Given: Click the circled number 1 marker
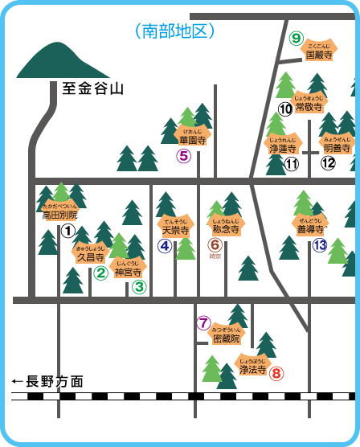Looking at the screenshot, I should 68,231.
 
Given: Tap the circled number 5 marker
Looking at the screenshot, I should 184,156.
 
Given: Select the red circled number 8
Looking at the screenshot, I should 276,373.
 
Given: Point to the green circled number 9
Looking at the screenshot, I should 296,38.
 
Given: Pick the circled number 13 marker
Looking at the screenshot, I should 320,246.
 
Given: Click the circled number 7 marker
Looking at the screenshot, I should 202,323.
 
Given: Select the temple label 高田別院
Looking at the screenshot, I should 60,215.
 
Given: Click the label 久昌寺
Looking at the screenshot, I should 90,258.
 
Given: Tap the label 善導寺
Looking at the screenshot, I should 310,228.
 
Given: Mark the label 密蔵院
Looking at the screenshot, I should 226,338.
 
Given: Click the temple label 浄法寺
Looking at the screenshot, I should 252,371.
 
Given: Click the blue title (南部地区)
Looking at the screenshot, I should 176,31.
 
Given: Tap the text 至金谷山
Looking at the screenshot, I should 93,89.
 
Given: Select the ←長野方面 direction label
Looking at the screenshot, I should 47,381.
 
